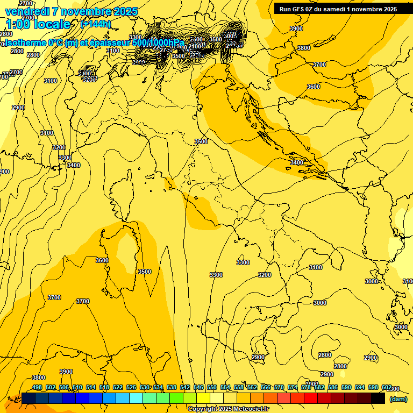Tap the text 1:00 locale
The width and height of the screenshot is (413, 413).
(x=38, y=24)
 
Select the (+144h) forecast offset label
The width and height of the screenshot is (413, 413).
(x=96, y=24)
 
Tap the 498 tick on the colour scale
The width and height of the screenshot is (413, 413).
(x=37, y=387)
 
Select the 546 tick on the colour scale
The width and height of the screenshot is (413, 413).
(x=198, y=387)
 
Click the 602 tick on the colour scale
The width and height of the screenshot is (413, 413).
(x=386, y=387)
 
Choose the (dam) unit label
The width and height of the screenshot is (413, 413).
(x=398, y=399)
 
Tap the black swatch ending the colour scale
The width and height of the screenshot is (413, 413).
(x=378, y=398)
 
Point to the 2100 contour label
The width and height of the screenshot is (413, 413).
(x=195, y=47)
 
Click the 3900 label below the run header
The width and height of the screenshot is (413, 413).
(x=296, y=29)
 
